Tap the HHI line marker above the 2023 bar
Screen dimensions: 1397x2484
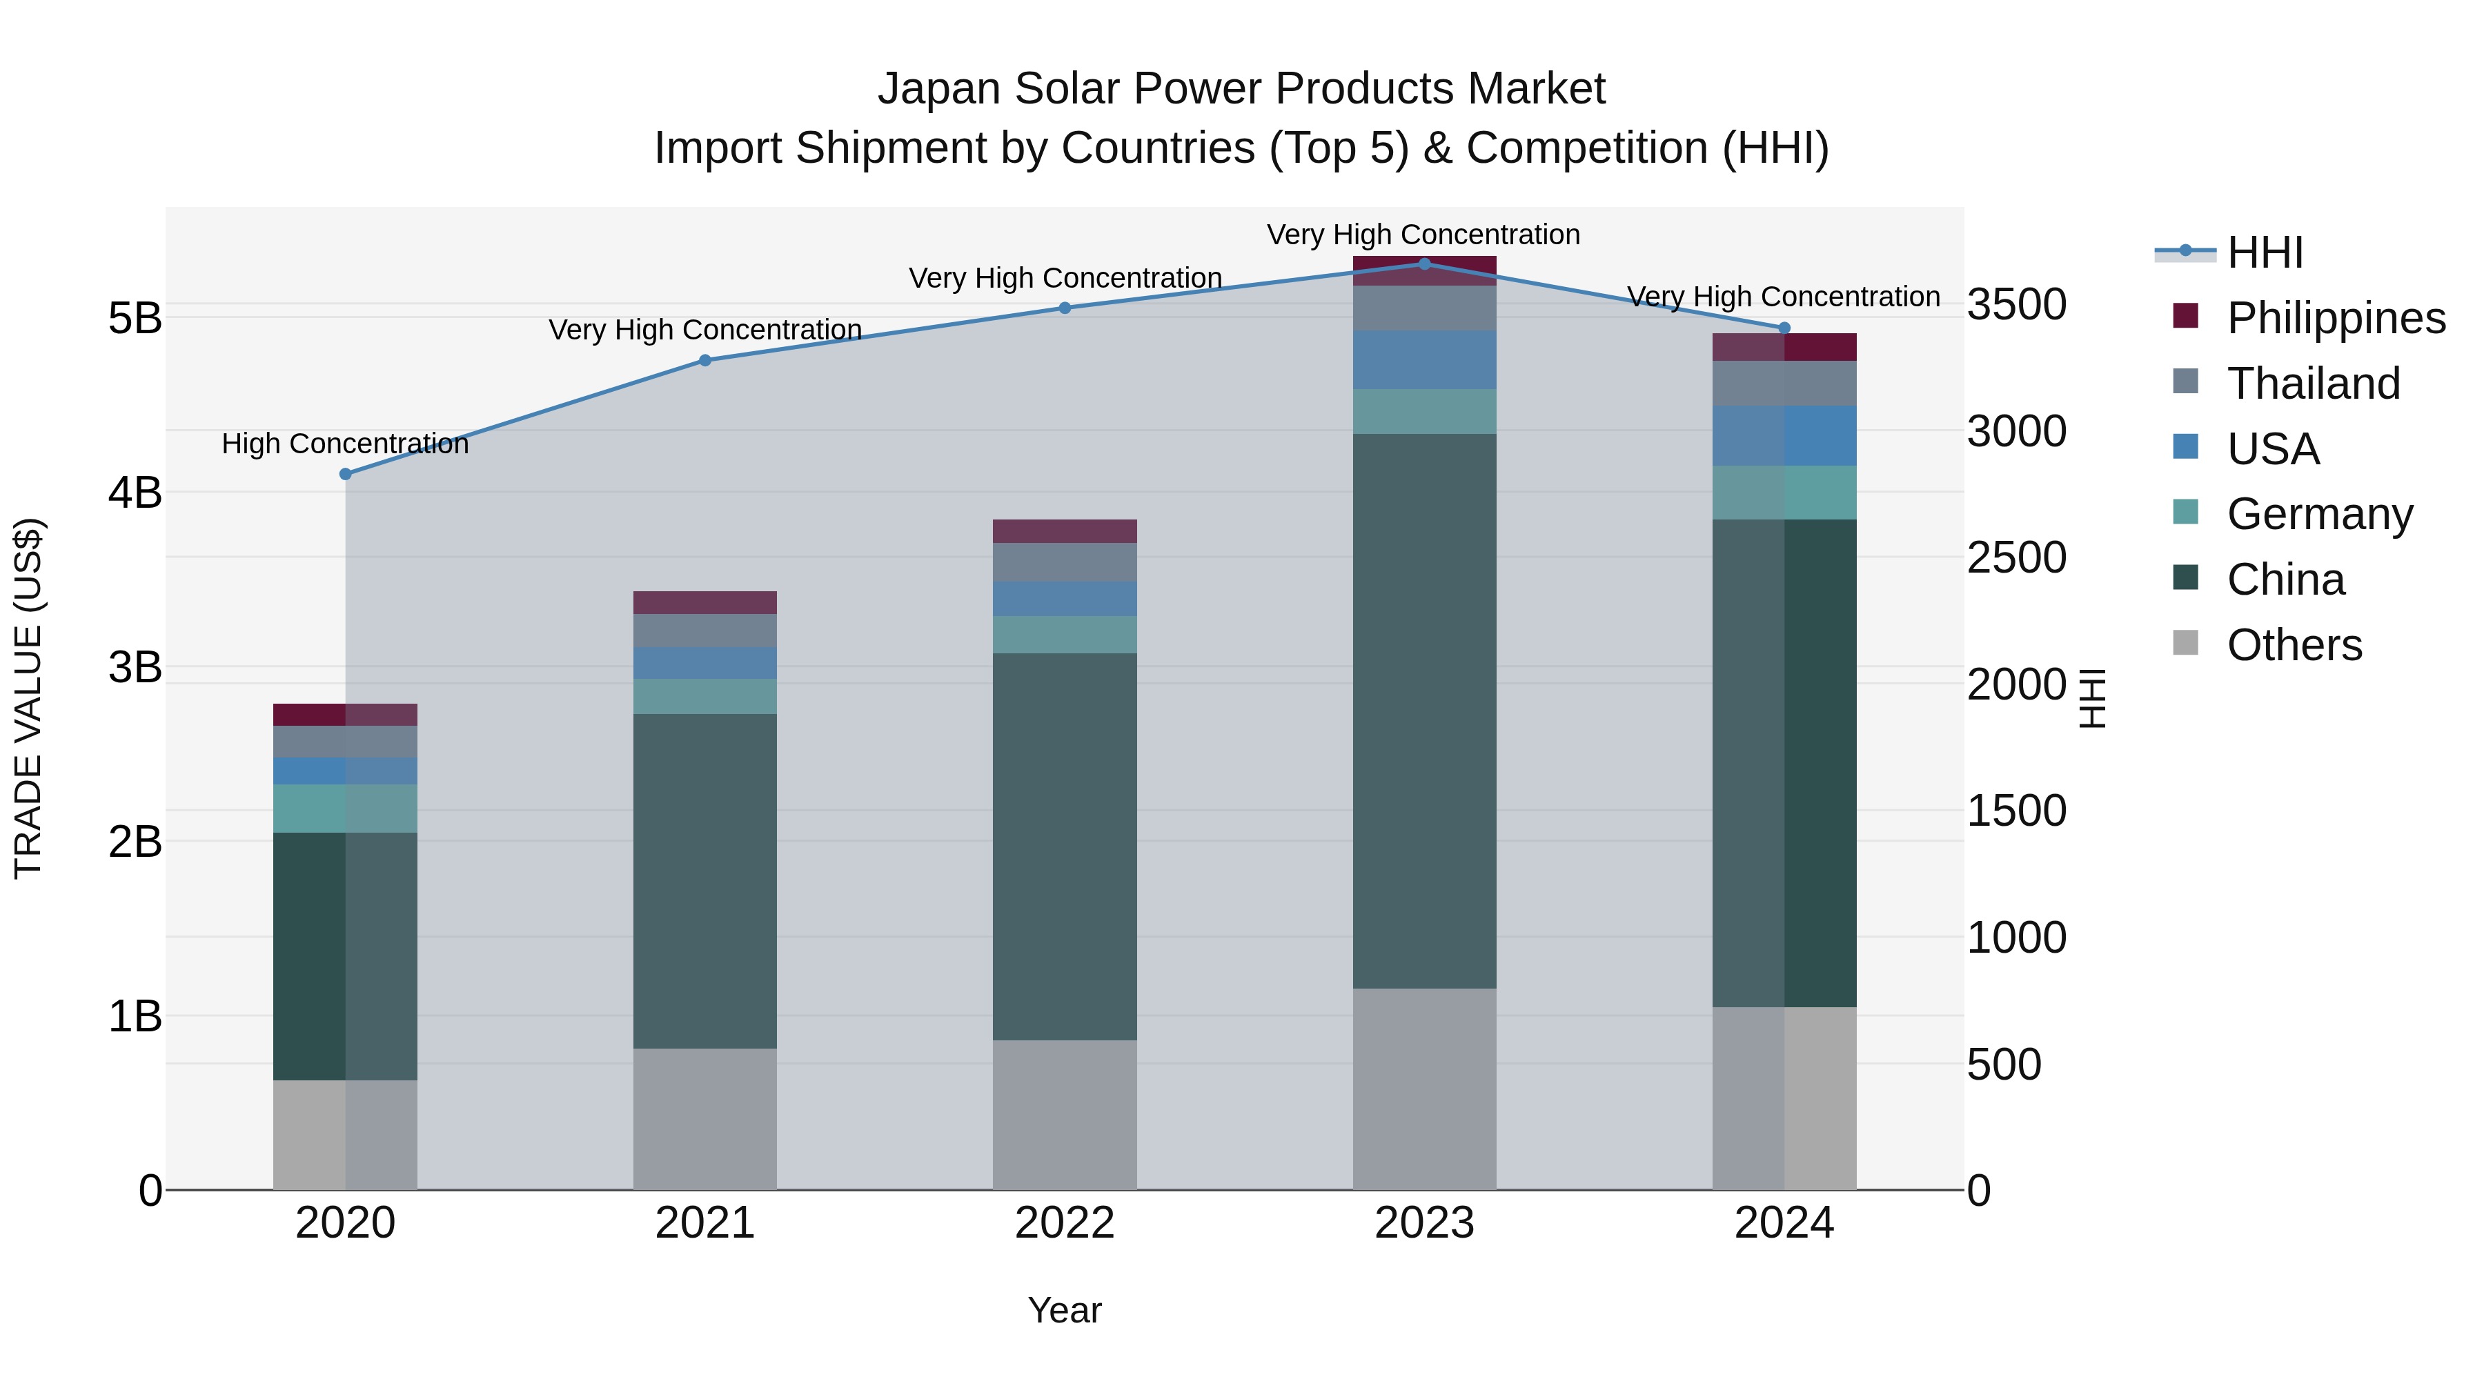point(1424,264)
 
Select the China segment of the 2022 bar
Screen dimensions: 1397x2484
point(1065,846)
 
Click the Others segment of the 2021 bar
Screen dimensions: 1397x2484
point(705,1118)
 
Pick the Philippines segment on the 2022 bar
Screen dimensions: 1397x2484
point(1065,531)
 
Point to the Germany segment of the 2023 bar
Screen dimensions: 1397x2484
point(1424,412)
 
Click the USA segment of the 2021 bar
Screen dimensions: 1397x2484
point(705,662)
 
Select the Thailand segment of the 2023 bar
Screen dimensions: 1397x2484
point(1424,308)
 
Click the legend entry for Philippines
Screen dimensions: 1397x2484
point(2334,317)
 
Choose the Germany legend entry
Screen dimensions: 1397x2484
point(2319,514)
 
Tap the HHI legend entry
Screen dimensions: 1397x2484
point(2263,252)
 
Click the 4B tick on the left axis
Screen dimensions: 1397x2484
point(135,493)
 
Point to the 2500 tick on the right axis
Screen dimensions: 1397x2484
point(2016,558)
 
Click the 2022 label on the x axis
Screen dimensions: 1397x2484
point(1065,1223)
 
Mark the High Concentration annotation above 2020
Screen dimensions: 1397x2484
point(345,444)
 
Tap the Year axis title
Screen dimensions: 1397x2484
point(1065,1310)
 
